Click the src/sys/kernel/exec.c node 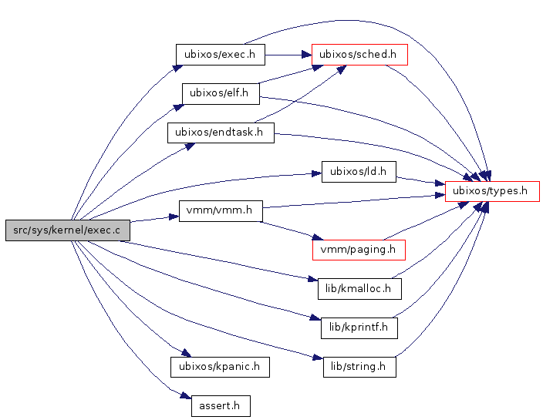coord(67,230)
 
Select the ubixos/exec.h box coord(220,55)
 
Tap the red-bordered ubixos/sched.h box coord(359,55)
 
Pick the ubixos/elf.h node coord(220,93)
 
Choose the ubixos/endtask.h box coord(220,132)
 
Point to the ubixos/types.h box coord(491,191)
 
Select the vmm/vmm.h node coord(220,210)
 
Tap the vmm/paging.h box coord(358,249)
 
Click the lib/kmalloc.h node coord(359,289)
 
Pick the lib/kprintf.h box coord(359,328)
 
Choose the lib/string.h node coord(359,366)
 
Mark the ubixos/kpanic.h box coord(220,366)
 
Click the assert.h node coord(220,405)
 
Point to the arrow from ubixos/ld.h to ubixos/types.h coord(420,181)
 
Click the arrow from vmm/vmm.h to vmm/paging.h coord(290,230)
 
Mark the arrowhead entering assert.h coord(186,397)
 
